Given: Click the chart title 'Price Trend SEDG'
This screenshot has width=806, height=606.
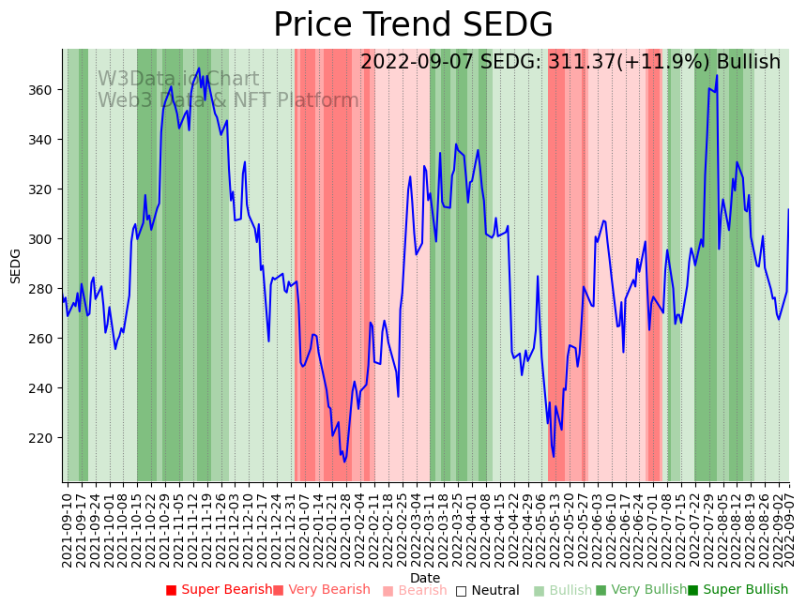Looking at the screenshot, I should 413,25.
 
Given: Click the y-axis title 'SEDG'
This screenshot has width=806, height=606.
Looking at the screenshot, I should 16,265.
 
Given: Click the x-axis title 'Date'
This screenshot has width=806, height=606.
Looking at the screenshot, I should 425,579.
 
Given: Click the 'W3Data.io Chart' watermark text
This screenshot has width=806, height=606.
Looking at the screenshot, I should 178,80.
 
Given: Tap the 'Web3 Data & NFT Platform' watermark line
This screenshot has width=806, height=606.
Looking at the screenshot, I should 228,100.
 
